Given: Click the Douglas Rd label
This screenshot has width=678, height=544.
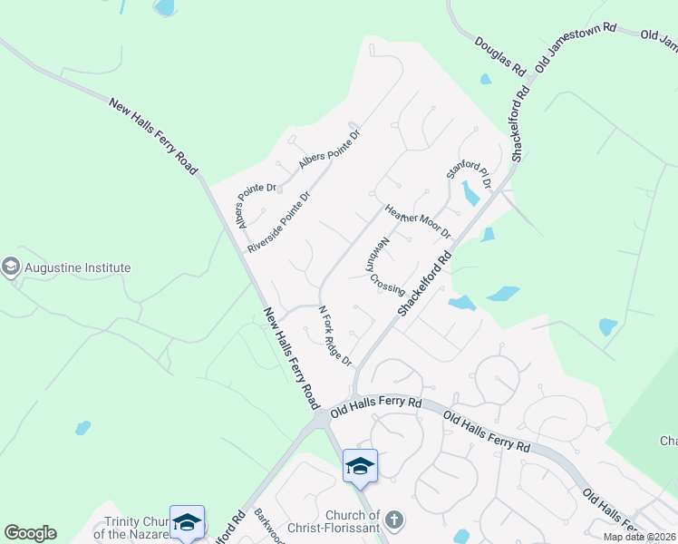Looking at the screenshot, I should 499,56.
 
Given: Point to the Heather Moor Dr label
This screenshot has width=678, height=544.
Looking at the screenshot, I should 418,220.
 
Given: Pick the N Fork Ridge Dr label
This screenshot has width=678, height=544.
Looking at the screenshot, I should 334,336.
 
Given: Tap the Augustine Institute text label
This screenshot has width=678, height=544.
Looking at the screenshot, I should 78,268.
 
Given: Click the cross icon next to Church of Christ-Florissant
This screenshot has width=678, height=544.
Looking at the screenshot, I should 392,520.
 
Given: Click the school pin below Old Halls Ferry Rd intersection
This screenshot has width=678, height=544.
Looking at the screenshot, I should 360,466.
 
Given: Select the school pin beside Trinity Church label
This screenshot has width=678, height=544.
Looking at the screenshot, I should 187,521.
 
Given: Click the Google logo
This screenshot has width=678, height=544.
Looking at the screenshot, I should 30,533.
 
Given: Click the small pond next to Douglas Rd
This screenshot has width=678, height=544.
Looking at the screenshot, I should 486,79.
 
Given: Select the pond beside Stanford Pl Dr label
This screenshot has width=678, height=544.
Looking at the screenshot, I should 470,193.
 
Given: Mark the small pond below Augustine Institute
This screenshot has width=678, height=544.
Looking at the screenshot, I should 82,427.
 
